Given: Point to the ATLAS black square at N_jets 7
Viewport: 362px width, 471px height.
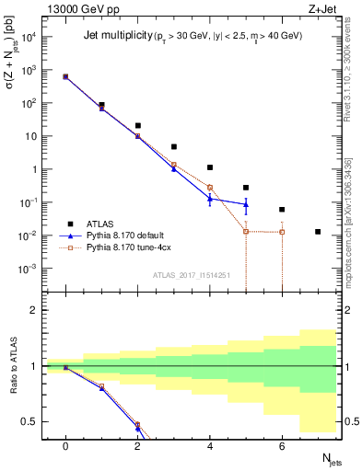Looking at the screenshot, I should (318, 232).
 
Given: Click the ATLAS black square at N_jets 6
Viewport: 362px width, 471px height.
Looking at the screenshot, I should (282, 210).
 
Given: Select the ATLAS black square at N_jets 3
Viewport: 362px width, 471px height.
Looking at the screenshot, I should (173, 146).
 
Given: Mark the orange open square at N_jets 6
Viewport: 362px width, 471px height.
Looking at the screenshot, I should (282, 232).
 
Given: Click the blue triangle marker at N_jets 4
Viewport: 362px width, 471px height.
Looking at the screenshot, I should (210, 198).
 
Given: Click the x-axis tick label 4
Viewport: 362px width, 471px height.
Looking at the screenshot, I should (210, 446).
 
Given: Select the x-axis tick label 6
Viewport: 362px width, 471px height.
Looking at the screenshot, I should (282, 446).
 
